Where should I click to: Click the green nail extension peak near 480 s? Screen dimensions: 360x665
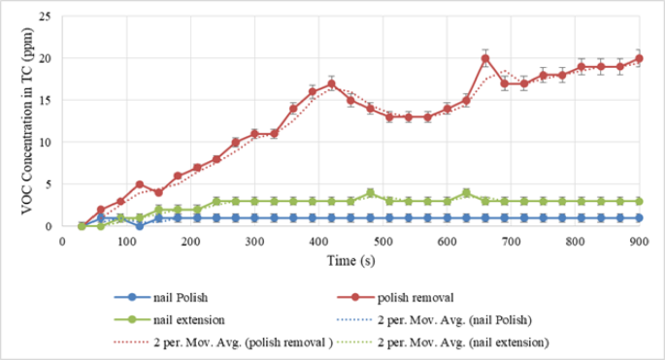370,192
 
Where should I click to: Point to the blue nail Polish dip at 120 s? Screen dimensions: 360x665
140,226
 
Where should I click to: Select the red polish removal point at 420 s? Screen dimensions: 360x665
332,83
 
